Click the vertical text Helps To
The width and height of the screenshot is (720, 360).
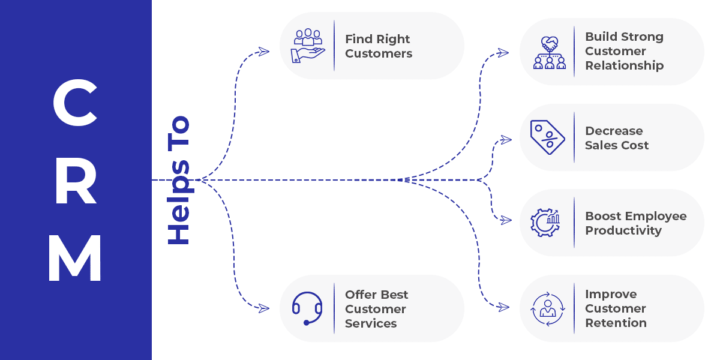click(x=178, y=180)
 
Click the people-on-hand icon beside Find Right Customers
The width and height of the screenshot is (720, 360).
click(x=307, y=45)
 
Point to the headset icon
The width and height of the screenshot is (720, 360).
click(x=307, y=308)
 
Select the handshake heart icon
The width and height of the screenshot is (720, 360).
click(x=549, y=52)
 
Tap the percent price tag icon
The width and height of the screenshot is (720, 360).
click(x=547, y=137)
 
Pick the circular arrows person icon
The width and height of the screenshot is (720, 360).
click(x=547, y=308)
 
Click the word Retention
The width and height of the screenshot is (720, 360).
click(x=616, y=323)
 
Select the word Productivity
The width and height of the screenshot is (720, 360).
click(x=623, y=230)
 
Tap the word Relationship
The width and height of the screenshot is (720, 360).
click(x=624, y=65)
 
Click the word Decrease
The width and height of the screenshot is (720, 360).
click(x=614, y=131)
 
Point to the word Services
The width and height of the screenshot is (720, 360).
click(x=370, y=323)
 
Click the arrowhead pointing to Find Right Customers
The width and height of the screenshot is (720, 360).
click(x=263, y=52)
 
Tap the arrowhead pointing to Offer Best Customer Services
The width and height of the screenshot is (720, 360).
click(x=263, y=308)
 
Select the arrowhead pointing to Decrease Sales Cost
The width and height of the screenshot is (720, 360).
click(x=506, y=140)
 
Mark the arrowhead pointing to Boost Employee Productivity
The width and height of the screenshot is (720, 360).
click(x=506, y=220)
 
